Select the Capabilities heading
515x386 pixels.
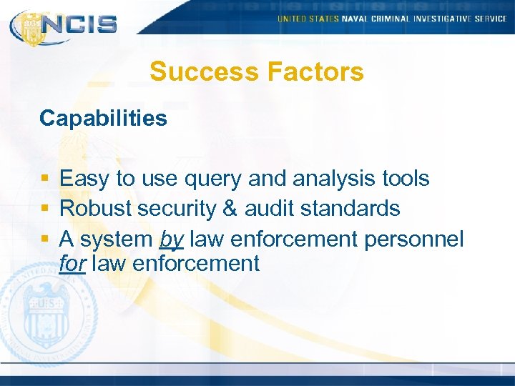pos(103,118)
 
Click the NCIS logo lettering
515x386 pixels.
pos(79,24)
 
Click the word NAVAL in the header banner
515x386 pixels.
pos(355,19)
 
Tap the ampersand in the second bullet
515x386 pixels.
pos(228,209)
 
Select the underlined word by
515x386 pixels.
pos(172,239)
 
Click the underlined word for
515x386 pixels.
pos(72,263)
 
